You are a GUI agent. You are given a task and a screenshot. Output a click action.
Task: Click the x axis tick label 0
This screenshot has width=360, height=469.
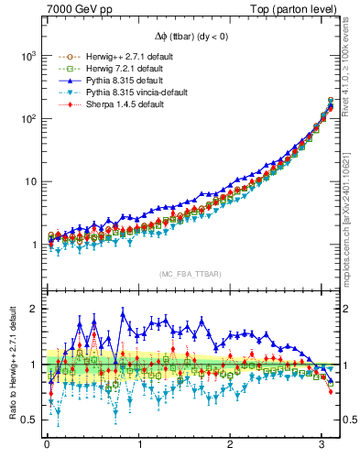[x=47, y=446]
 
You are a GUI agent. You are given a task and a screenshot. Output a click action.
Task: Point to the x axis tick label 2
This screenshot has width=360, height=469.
[x=231, y=446]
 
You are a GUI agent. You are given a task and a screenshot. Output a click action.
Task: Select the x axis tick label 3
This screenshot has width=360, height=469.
[x=322, y=446]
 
